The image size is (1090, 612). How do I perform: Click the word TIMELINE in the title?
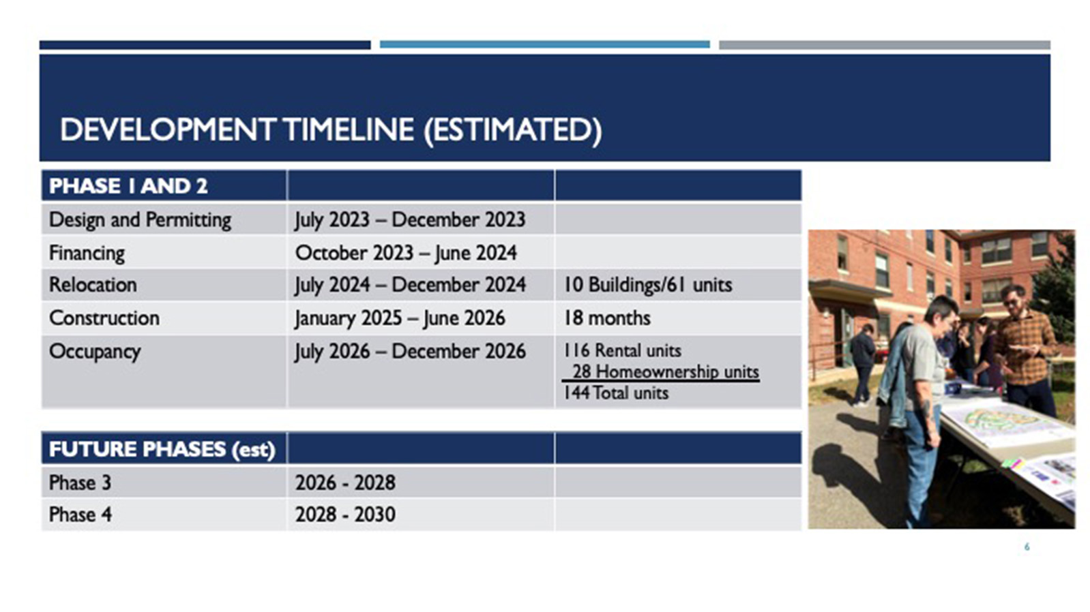[349, 129]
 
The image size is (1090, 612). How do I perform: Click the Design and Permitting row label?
[140, 219]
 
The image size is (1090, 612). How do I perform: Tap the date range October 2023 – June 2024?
[406, 254]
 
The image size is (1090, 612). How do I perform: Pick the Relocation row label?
[93, 285]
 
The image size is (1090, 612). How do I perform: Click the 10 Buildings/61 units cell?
[648, 285]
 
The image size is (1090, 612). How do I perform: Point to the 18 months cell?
[607, 318]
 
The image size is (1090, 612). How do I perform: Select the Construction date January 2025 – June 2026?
[400, 318]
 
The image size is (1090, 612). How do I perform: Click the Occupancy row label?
[95, 352]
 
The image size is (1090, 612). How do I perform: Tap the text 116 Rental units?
[622, 350]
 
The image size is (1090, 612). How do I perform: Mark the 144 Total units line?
[616, 393]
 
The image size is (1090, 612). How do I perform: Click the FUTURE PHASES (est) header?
[162, 449]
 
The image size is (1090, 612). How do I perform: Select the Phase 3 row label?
[80, 483]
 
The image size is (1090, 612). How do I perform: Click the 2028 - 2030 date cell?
[345, 515]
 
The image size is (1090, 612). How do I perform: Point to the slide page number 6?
[1027, 547]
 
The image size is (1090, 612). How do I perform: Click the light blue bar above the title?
[544, 45]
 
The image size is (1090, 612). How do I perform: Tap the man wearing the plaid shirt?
[1026, 350]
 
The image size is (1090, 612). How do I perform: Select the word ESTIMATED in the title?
[513, 129]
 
